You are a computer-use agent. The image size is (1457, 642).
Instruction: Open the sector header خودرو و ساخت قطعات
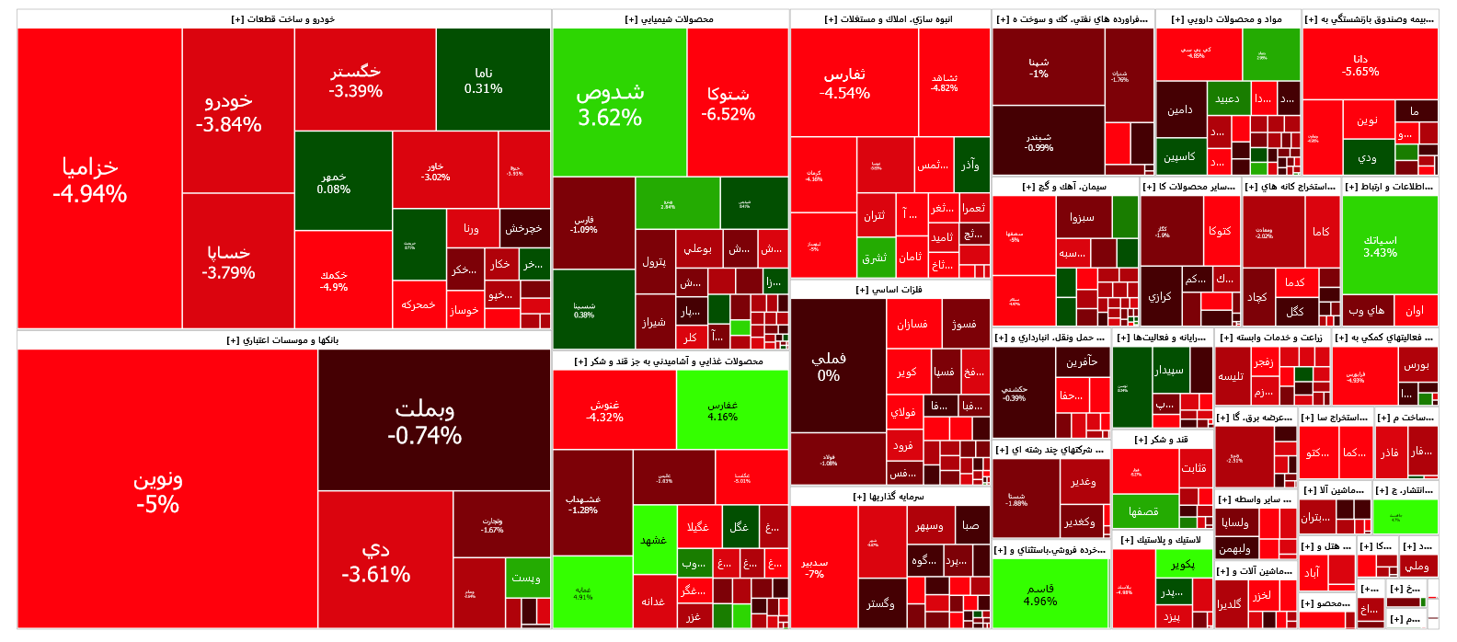[283, 18]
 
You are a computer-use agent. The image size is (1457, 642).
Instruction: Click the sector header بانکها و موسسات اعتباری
[283, 340]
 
